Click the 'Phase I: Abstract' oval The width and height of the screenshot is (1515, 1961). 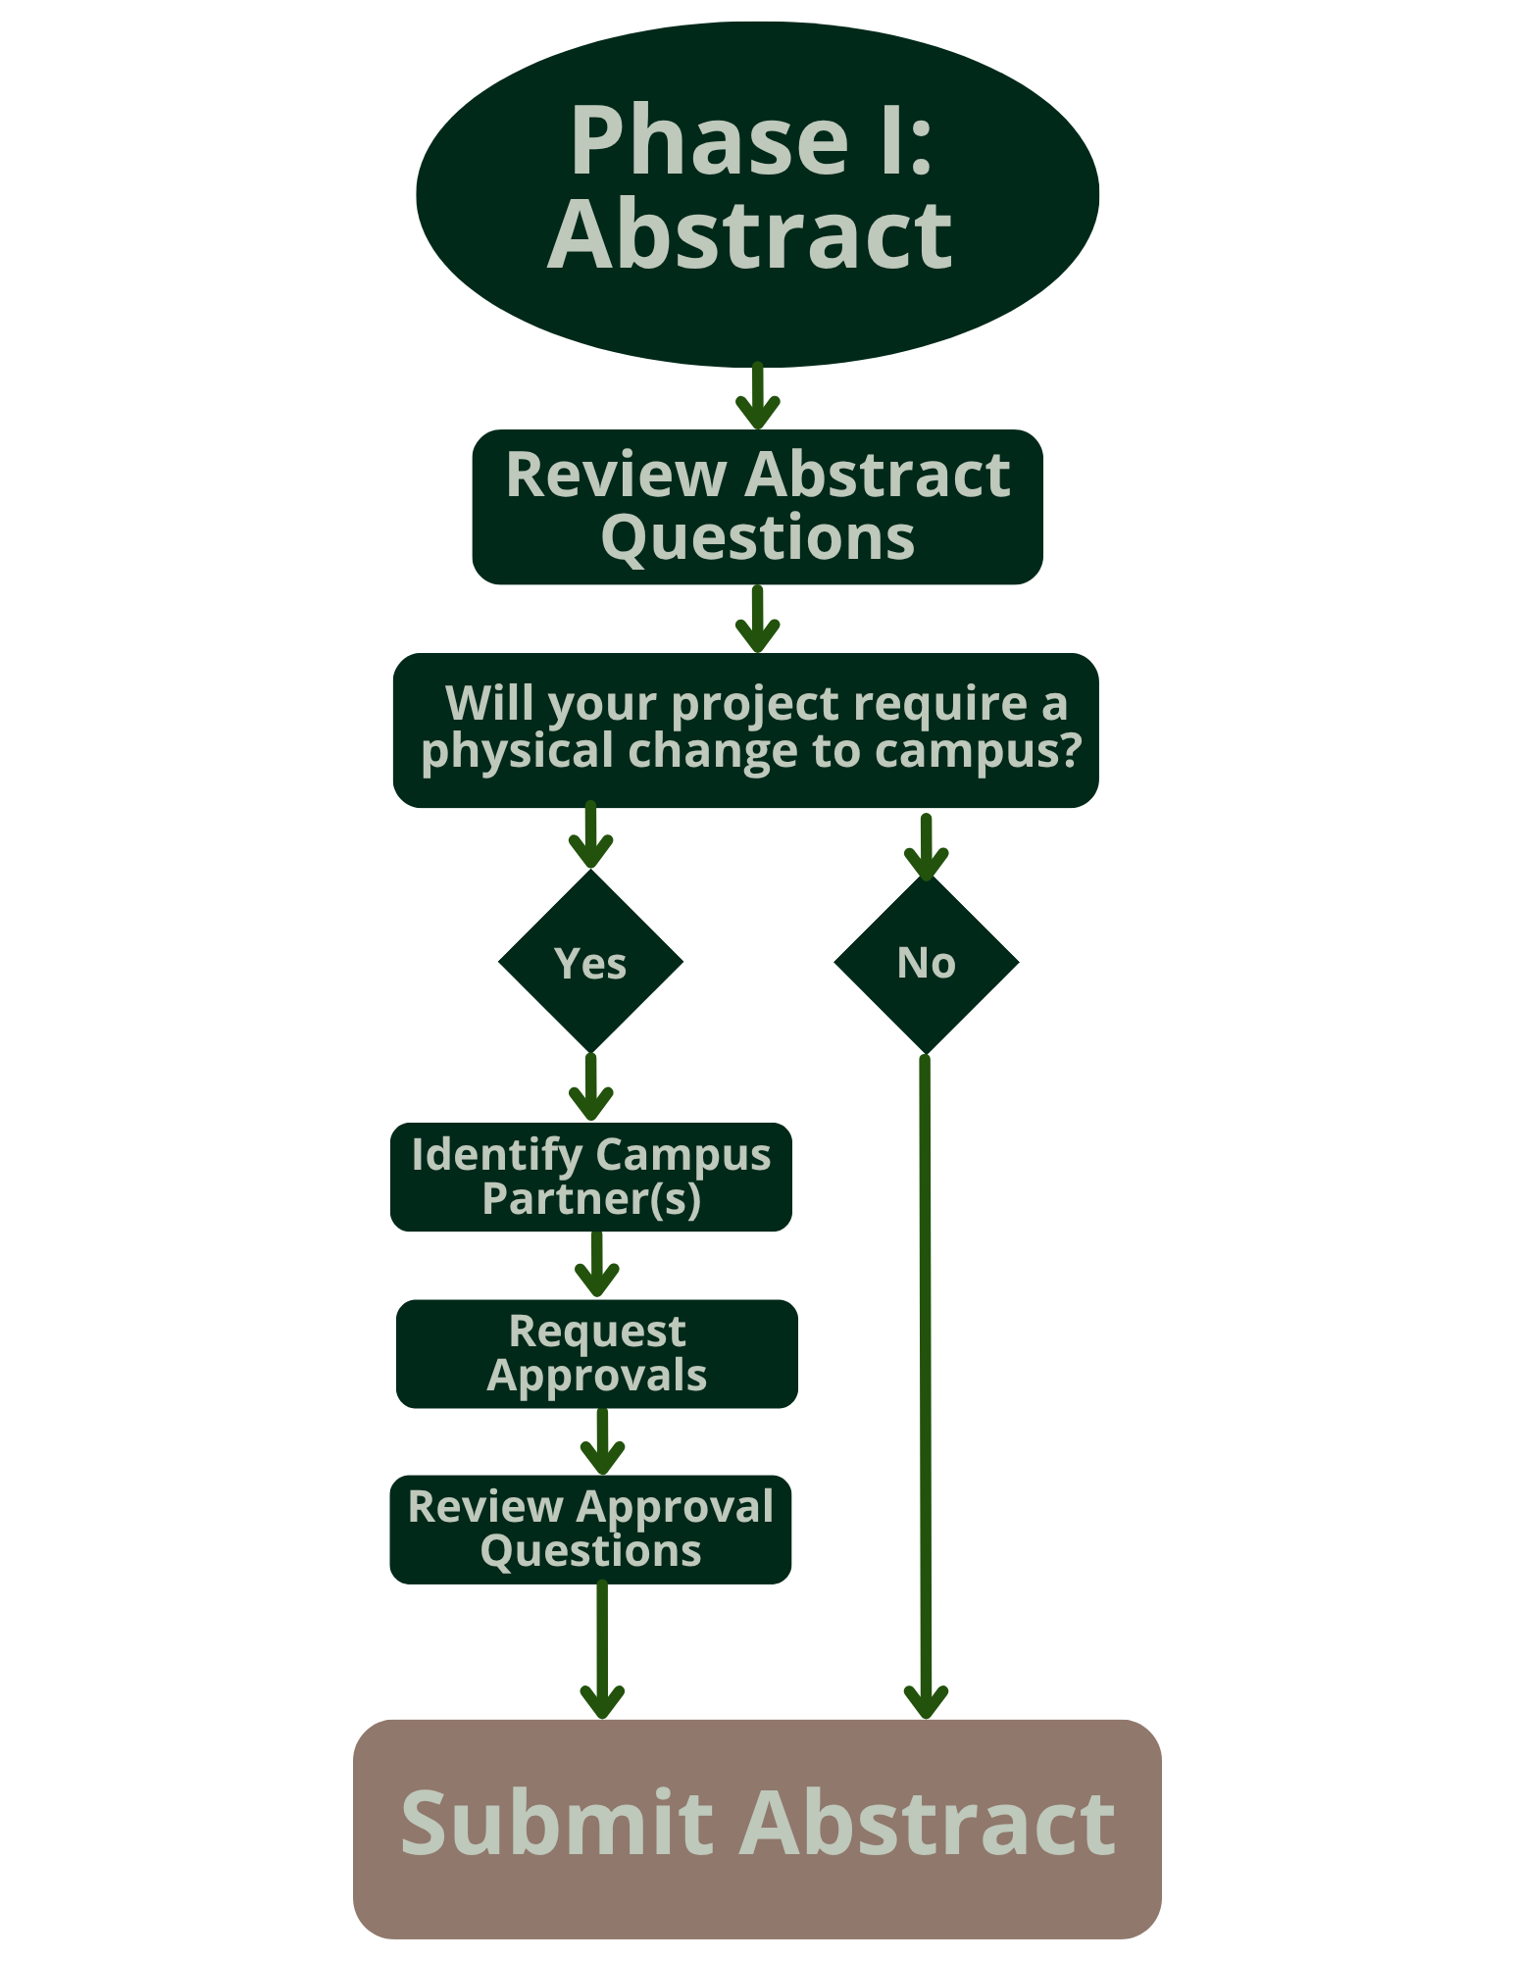[757, 194]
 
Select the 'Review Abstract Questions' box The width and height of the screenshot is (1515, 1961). [757, 507]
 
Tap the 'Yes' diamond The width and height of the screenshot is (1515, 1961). [590, 962]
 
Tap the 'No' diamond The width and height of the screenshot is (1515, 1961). [926, 962]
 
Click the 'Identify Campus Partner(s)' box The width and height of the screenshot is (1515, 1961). [590, 1177]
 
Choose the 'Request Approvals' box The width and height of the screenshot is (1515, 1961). [596, 1353]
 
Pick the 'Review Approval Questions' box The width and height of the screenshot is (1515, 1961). [590, 1529]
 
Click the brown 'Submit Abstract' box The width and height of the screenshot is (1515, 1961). [757, 1829]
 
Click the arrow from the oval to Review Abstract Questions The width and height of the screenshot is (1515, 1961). [757, 397]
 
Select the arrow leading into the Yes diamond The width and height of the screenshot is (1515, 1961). [590, 835]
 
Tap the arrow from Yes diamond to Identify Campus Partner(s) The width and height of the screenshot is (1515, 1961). [590, 1086]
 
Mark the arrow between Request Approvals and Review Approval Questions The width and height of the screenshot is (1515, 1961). [602, 1441]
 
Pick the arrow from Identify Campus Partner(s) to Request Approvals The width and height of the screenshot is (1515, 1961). [596, 1264]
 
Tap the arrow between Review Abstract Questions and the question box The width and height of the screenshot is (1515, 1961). [757, 619]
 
